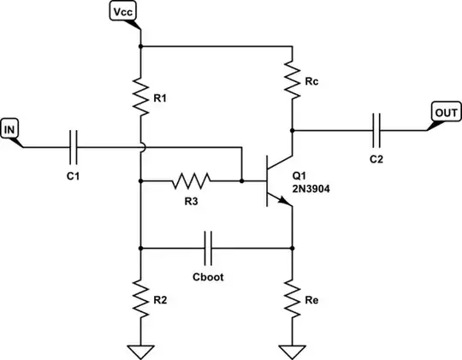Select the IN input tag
point(10,129)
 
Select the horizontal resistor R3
point(190,181)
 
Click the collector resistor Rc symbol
point(293,76)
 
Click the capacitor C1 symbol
point(74,148)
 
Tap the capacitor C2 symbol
point(377,131)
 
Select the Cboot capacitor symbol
point(208,249)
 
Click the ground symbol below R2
point(139,348)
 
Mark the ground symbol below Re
point(293,348)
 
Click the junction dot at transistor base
point(242,181)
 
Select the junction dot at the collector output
point(293,131)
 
